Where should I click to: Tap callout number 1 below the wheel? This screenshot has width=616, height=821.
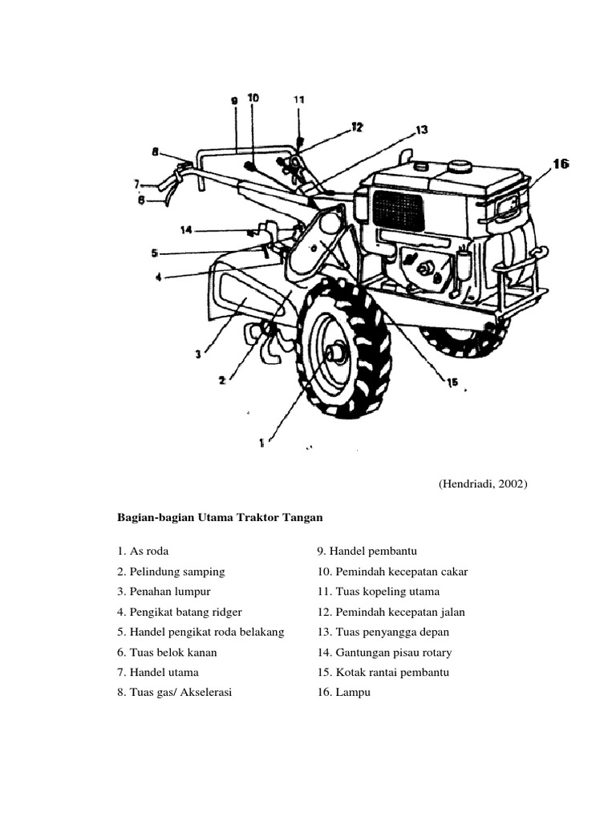click(261, 440)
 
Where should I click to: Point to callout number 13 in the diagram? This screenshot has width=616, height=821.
click(422, 130)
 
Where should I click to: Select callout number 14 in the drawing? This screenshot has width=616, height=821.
click(186, 231)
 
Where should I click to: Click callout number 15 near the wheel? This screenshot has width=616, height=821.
click(452, 382)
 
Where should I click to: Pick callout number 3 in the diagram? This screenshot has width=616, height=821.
click(197, 353)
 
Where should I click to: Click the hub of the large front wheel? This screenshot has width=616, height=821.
click(334, 353)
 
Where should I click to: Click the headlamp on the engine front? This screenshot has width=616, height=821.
click(508, 208)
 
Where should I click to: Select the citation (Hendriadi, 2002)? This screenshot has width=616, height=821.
click(483, 484)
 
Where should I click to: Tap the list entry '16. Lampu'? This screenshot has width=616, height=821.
click(344, 693)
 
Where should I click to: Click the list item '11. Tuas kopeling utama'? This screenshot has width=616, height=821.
click(379, 592)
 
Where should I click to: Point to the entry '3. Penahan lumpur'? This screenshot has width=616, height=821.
click(163, 592)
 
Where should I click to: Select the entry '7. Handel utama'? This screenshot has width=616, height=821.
click(157, 673)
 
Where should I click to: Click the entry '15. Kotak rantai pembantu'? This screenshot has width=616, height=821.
click(383, 673)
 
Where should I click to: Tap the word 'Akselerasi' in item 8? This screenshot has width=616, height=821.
click(207, 693)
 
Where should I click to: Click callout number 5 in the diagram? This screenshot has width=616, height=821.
click(154, 253)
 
